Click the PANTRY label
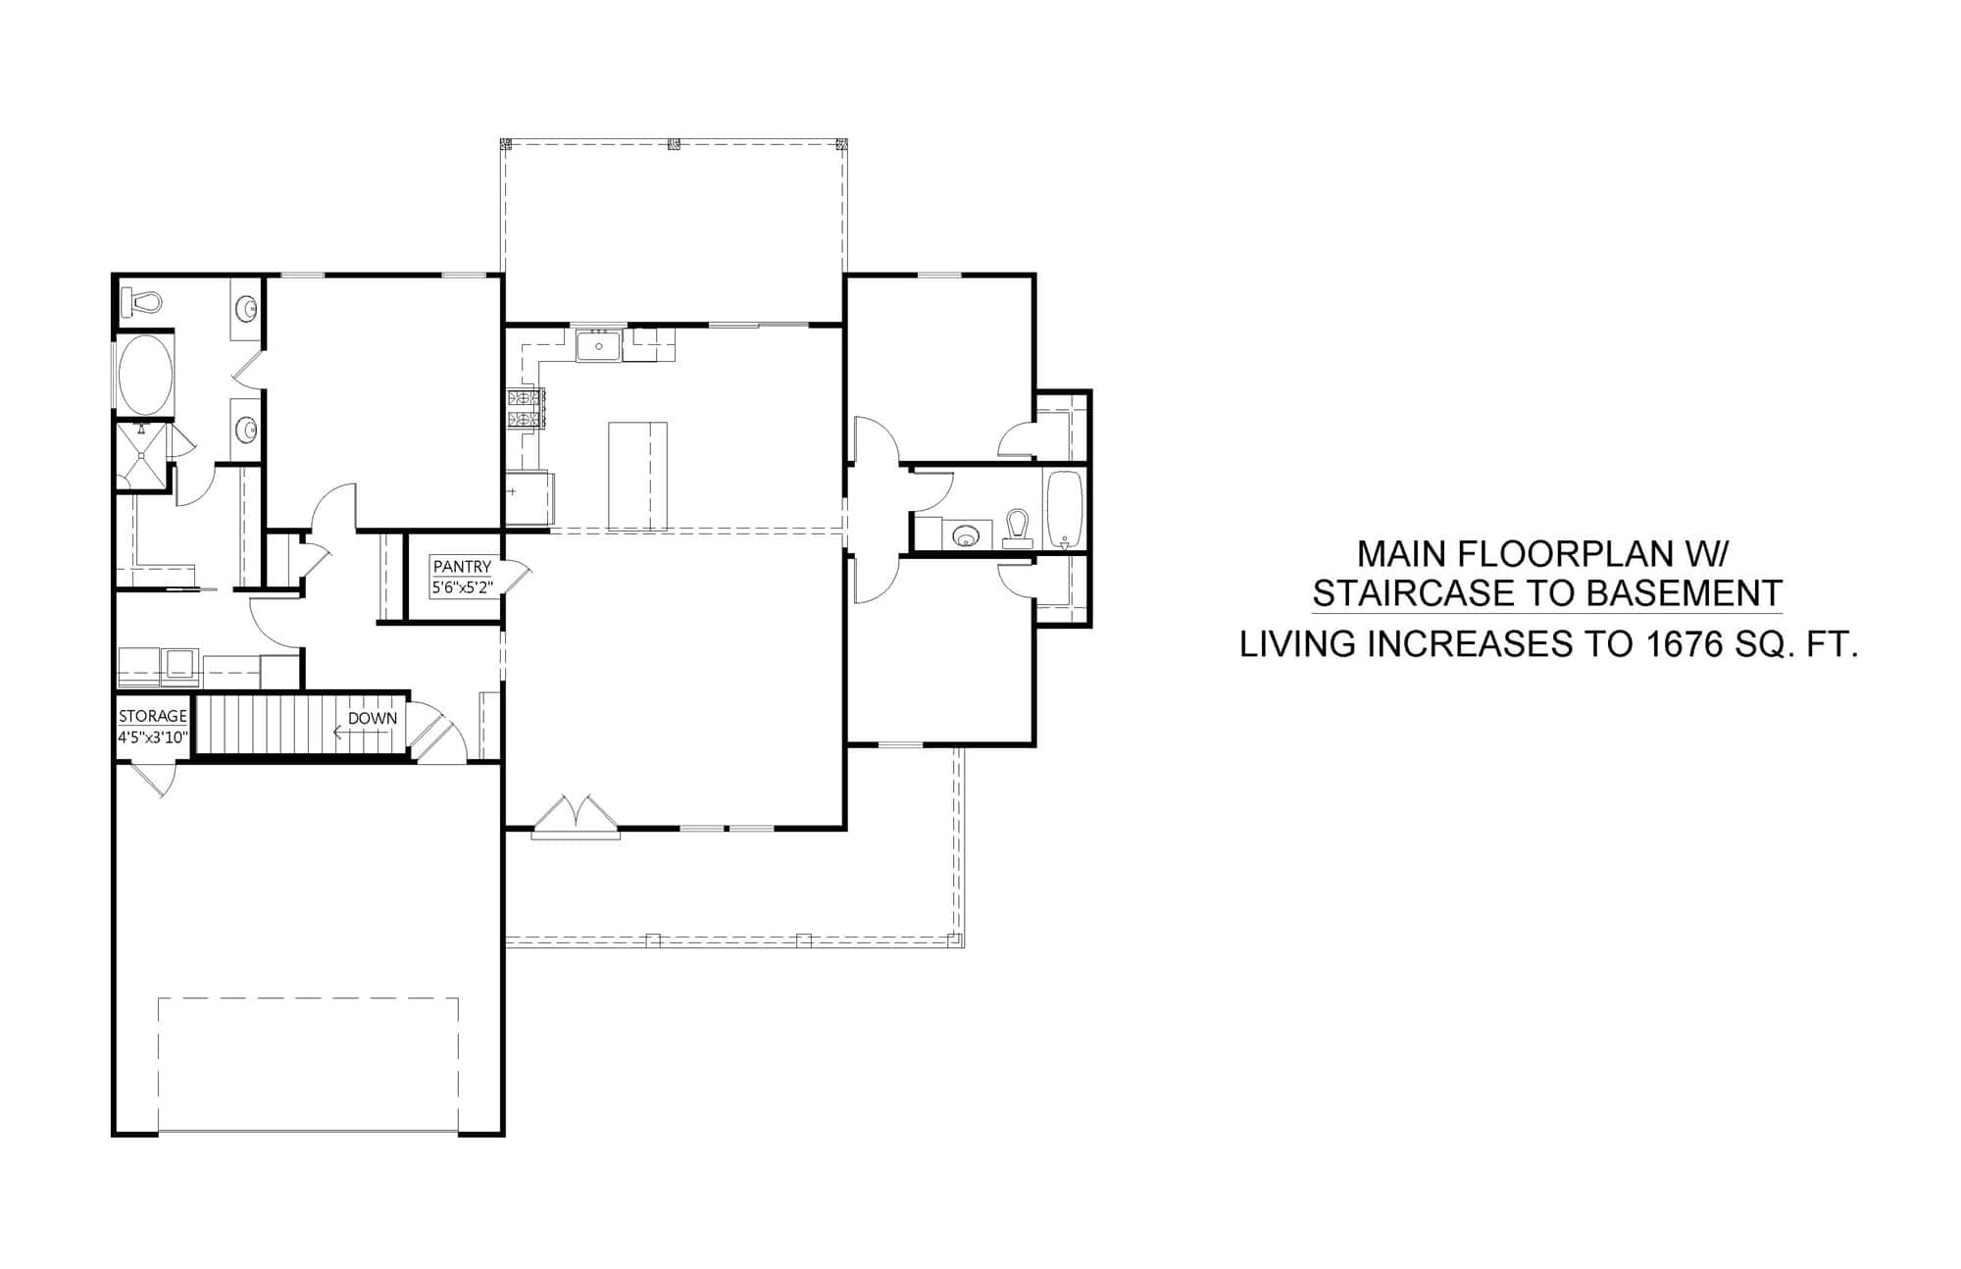[462, 567]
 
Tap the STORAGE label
[152, 716]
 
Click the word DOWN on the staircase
[373, 718]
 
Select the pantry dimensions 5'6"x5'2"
[462, 587]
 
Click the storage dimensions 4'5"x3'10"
[152, 737]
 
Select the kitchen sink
[597, 346]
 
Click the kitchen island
[637, 476]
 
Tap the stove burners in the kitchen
[526, 409]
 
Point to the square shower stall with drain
[143, 454]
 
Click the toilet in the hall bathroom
[1018, 529]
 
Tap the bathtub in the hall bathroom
[1063, 509]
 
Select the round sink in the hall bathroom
[966, 535]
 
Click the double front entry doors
[576, 817]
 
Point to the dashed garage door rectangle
[308, 1064]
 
